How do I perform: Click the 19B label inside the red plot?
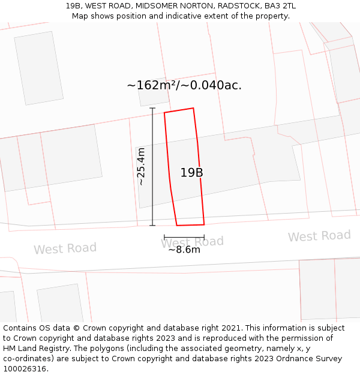click(192, 173)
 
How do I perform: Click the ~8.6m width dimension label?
click(184, 250)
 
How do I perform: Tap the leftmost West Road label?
click(65, 248)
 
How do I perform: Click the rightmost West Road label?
click(319, 236)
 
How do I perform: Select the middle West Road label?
click(192, 242)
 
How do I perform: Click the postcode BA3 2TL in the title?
click(280, 6)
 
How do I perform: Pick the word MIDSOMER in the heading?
click(156, 6)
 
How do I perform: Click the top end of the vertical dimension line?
click(152, 109)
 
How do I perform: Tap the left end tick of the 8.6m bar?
click(164, 238)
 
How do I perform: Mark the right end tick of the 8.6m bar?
click(204, 238)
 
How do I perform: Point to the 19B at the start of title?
click(74, 6)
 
